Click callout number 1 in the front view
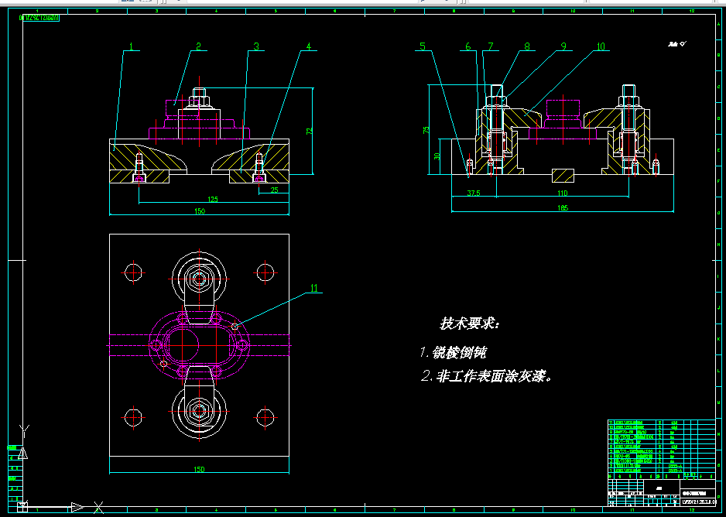coord(131,47)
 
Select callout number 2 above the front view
coord(198,47)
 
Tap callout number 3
coord(255,47)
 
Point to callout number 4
coord(308,47)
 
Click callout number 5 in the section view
coord(422,46)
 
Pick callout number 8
coord(527,46)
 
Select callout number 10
coord(601,46)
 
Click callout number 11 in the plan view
coord(313,288)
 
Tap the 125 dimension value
coord(213,199)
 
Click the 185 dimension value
coord(562,207)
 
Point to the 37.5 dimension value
coord(474,193)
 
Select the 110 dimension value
coord(562,193)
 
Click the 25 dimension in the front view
coord(274,190)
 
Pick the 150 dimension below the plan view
coord(199,469)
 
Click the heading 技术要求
coord(470,324)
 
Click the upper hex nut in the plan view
coord(199,278)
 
